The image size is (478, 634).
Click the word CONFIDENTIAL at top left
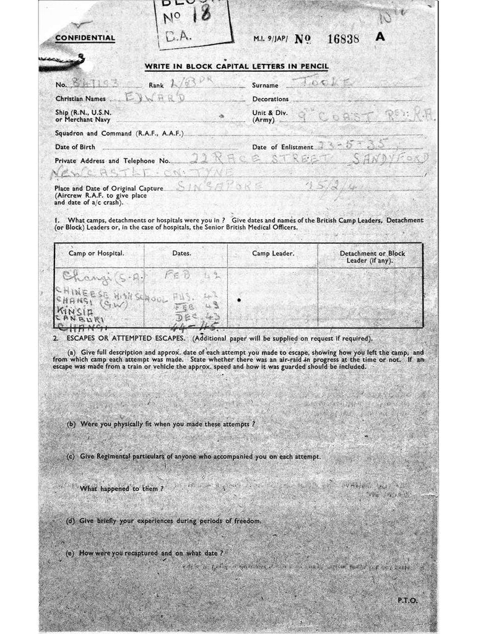click(x=85, y=38)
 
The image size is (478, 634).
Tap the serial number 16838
click(x=342, y=38)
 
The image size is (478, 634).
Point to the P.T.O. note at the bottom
click(x=407, y=600)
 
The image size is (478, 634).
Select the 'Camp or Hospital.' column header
click(x=96, y=253)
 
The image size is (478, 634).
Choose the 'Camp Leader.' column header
click(x=272, y=253)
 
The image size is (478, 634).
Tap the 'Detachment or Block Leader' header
click(x=372, y=257)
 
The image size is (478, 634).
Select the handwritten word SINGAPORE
click(x=220, y=186)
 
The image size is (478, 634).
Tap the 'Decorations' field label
click(x=270, y=99)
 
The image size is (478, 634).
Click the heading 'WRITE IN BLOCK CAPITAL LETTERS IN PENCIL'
click(x=236, y=66)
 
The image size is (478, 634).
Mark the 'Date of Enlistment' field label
click(x=282, y=147)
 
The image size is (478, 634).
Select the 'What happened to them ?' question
click(x=121, y=489)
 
